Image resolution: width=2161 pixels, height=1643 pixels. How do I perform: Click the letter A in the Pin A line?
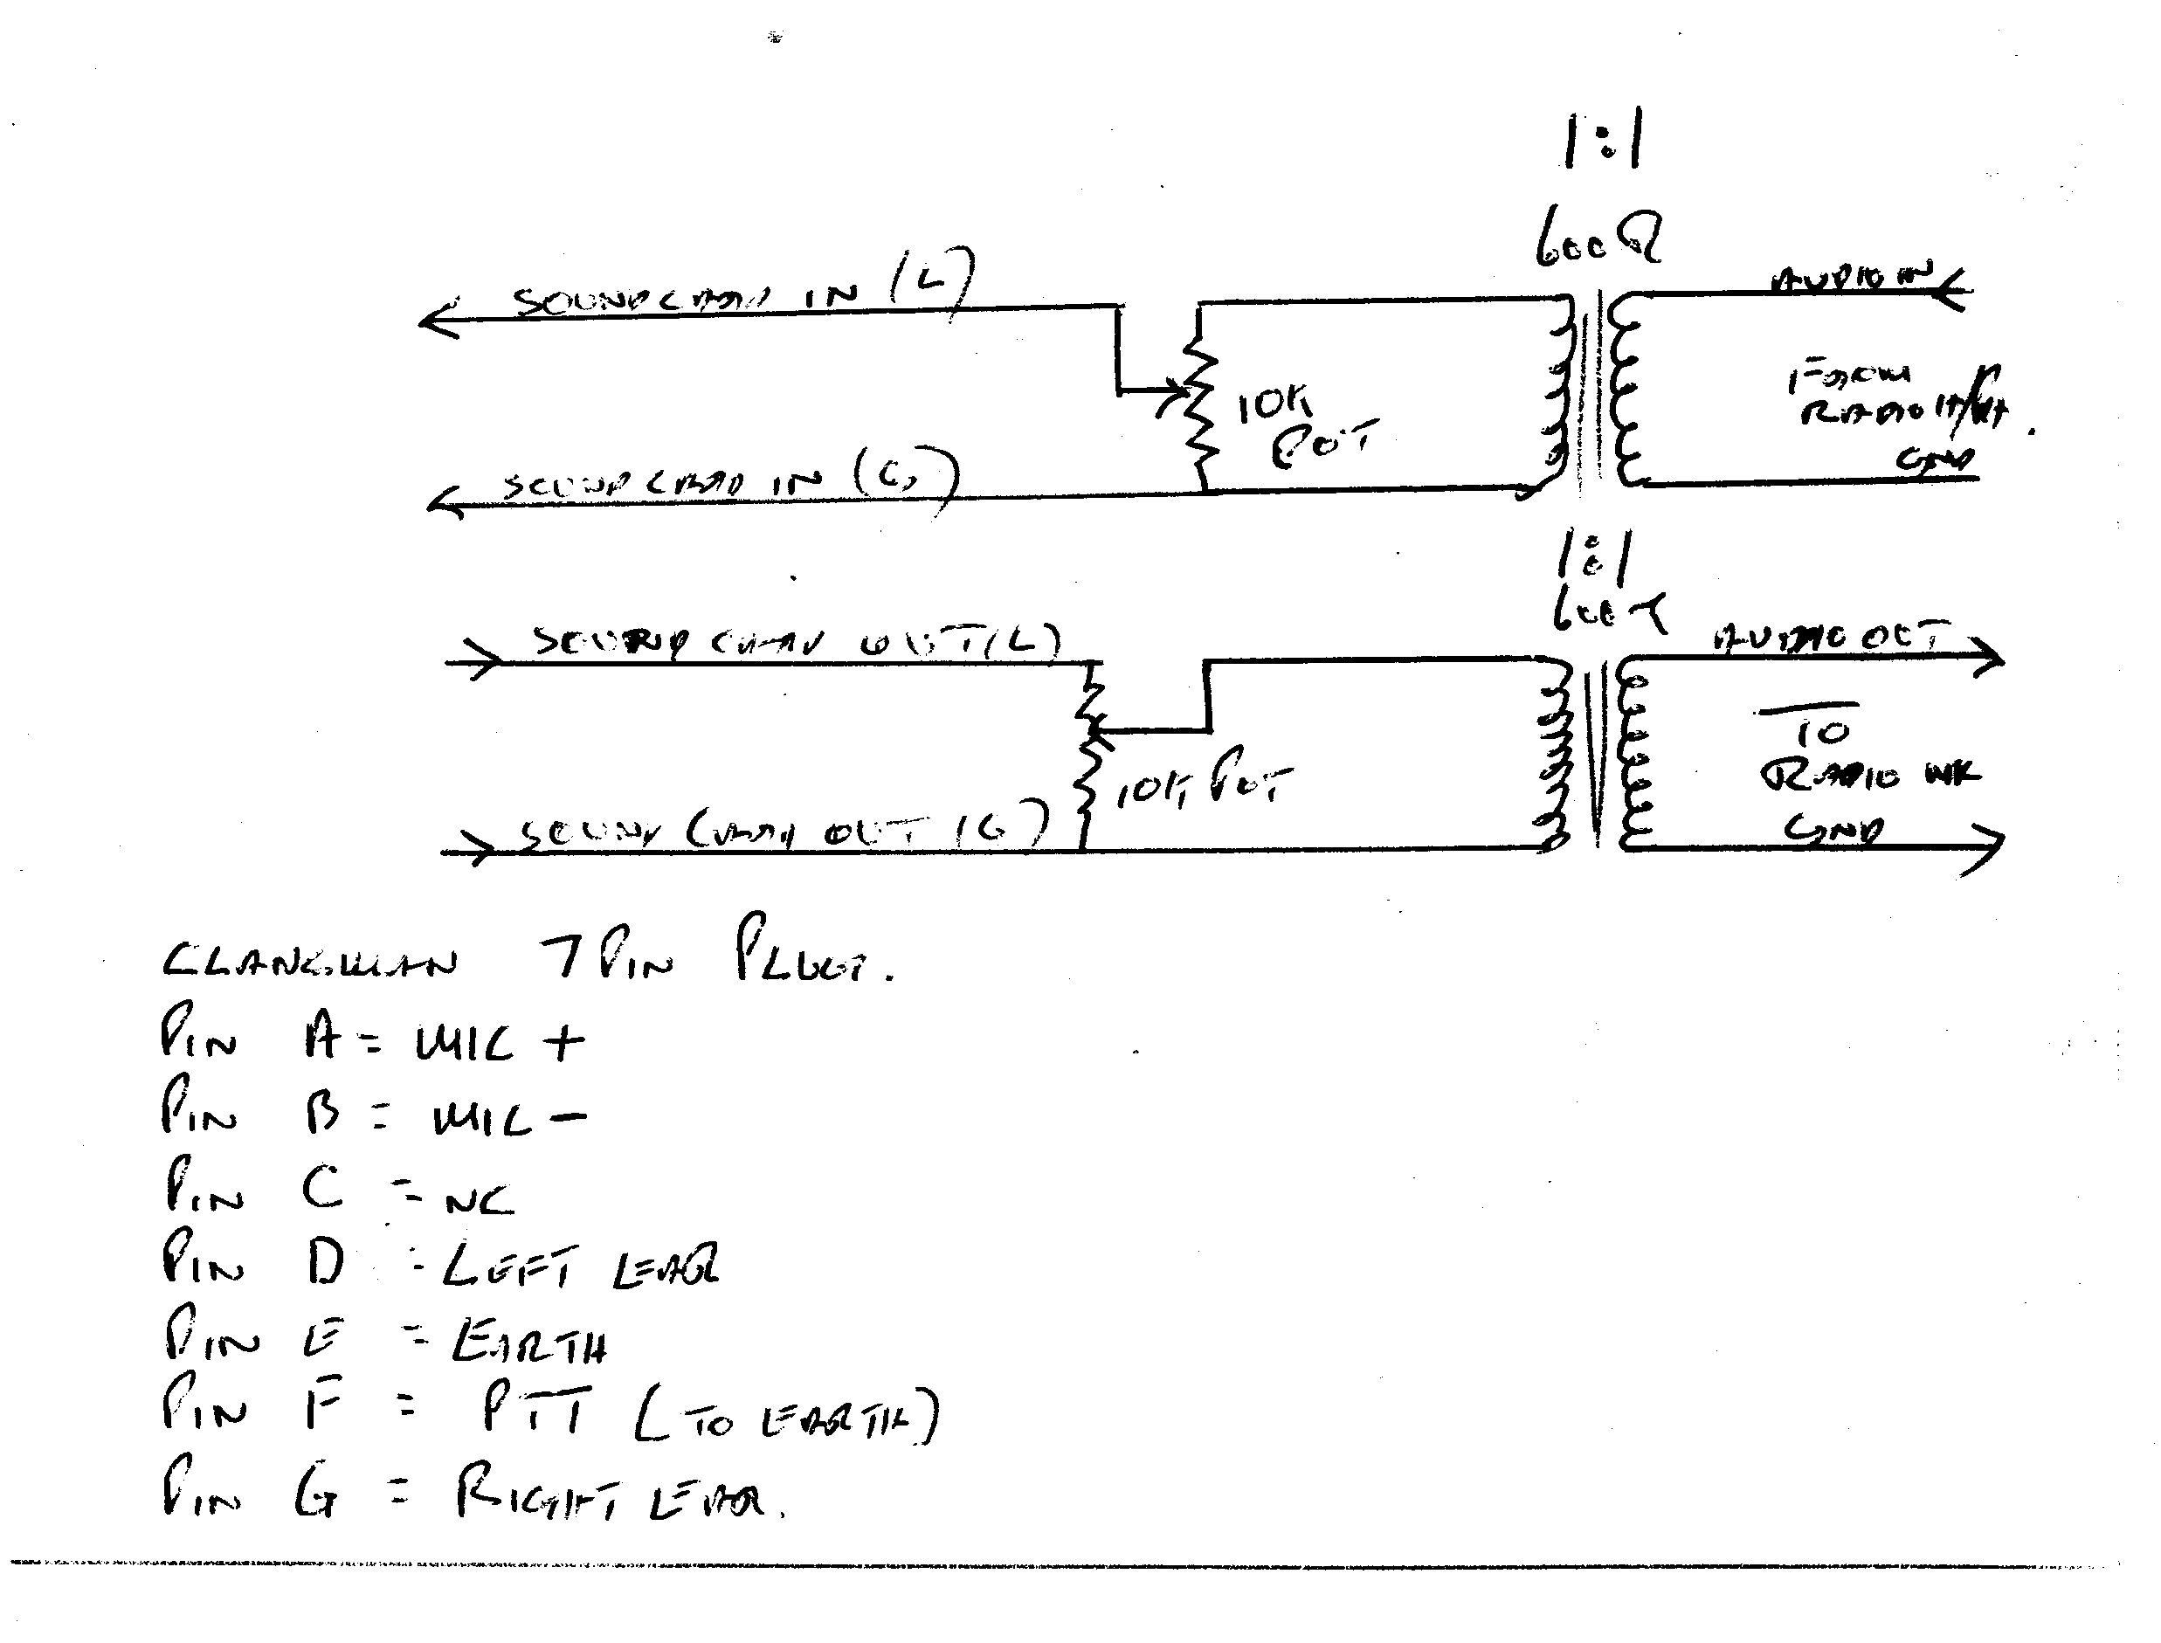(x=321, y=1039)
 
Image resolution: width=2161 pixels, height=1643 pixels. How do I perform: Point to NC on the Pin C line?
(x=480, y=1199)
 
